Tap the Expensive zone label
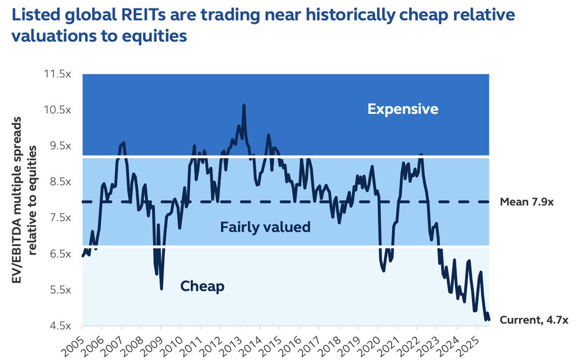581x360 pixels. click(x=403, y=109)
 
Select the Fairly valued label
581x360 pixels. click(x=265, y=227)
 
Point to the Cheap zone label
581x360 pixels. click(x=202, y=286)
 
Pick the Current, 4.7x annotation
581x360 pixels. click(x=534, y=320)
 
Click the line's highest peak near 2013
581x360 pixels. click(x=243, y=105)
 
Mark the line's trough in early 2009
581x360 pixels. click(x=161, y=288)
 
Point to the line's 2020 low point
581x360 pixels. click(x=384, y=270)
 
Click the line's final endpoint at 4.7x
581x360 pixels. click(x=489, y=319)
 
